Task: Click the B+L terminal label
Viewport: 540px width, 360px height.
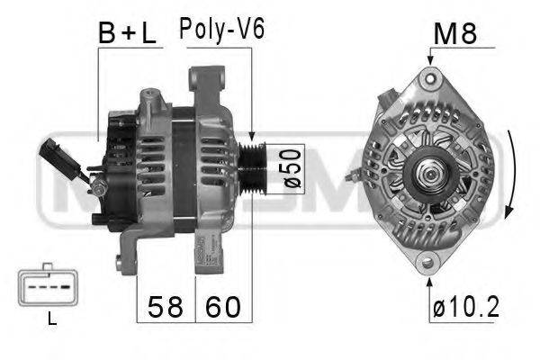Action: pos(126,33)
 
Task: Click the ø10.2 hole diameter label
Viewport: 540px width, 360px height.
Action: pos(465,308)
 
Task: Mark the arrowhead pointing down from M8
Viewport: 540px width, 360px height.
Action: pos(429,58)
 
